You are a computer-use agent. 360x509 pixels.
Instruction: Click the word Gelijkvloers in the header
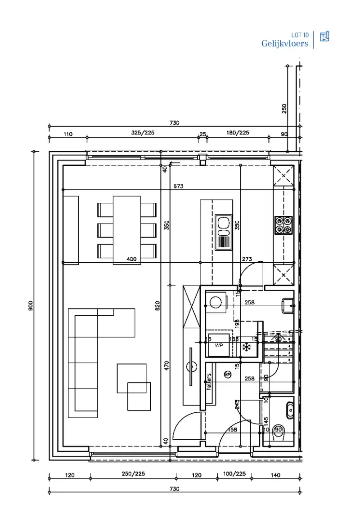click(x=284, y=44)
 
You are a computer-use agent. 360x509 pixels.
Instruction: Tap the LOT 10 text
click(x=300, y=35)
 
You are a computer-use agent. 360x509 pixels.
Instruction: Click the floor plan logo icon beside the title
click(x=324, y=36)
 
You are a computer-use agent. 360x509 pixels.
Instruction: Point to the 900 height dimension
click(x=29, y=306)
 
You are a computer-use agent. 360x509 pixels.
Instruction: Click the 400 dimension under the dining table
click(x=131, y=259)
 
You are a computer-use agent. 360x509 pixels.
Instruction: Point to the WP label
click(x=219, y=345)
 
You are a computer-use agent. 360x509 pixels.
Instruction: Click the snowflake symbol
click(x=246, y=347)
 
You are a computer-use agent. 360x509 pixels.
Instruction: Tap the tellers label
click(x=209, y=382)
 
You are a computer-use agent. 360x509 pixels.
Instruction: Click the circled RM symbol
click(x=228, y=374)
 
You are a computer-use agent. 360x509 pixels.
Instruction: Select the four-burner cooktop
click(x=283, y=225)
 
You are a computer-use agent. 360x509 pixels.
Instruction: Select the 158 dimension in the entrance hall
click(x=232, y=430)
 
